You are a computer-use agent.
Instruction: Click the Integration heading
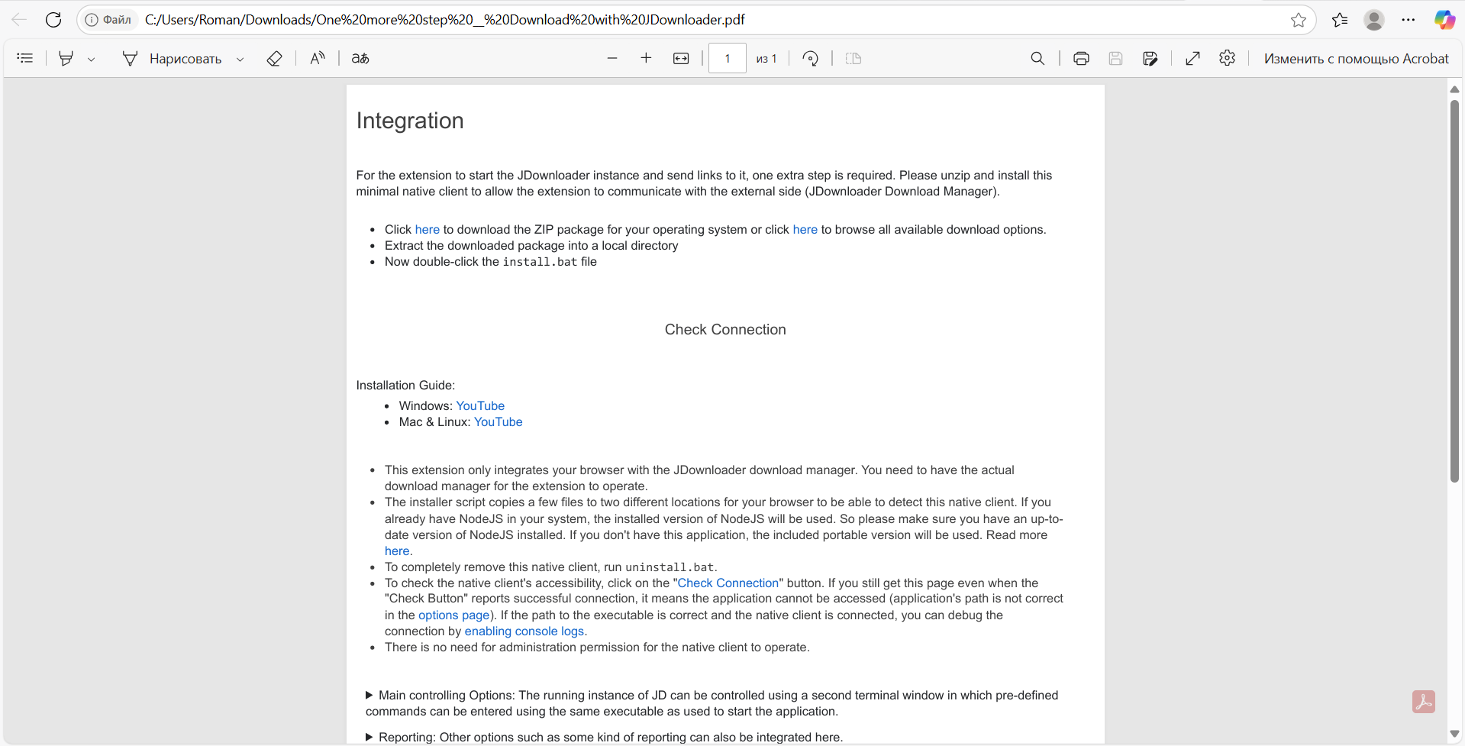pyautogui.click(x=410, y=121)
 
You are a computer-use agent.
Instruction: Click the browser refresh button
pyautogui.click(x=53, y=20)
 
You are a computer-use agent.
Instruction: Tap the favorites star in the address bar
pyautogui.click(x=1299, y=20)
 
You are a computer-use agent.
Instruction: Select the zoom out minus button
pyautogui.click(x=612, y=59)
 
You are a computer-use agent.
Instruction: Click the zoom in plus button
pyautogui.click(x=646, y=59)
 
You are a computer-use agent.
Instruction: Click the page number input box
pyautogui.click(x=727, y=59)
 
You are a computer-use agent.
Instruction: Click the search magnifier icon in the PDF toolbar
pyautogui.click(x=1037, y=59)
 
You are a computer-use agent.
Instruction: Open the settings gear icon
pyautogui.click(x=1227, y=59)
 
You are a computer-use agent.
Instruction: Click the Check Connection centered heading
pyautogui.click(x=725, y=330)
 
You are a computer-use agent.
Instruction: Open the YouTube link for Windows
pyautogui.click(x=480, y=406)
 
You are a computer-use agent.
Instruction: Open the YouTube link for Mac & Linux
pyautogui.click(x=498, y=422)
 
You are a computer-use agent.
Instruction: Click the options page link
pyautogui.click(x=453, y=615)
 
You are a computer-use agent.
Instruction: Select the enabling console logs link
pyautogui.click(x=524, y=631)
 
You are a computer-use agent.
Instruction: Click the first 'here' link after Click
pyautogui.click(x=427, y=230)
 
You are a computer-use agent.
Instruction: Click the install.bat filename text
pyautogui.click(x=540, y=262)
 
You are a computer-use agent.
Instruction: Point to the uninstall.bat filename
pyautogui.click(x=670, y=567)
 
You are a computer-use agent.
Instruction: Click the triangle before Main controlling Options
pyautogui.click(x=369, y=696)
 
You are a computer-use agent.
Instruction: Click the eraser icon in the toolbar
pyautogui.click(x=274, y=59)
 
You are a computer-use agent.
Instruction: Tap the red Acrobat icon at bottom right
pyautogui.click(x=1423, y=702)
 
